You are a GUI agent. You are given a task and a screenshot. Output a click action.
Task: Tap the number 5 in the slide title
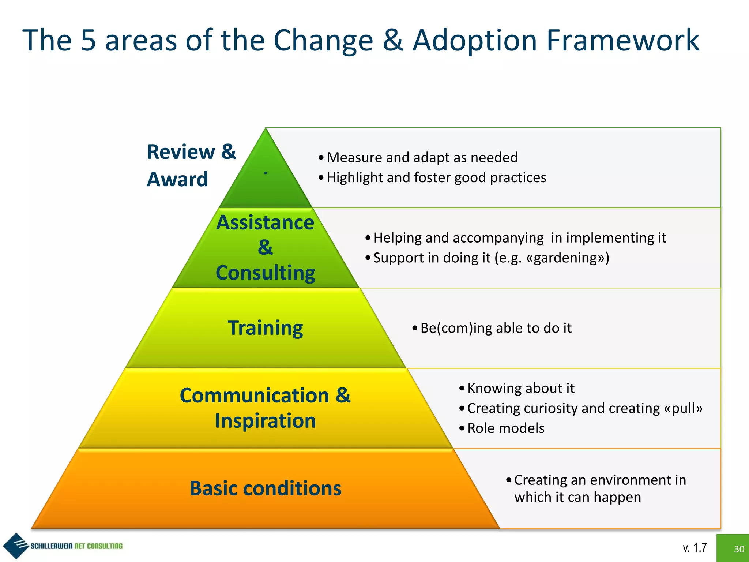[88, 40]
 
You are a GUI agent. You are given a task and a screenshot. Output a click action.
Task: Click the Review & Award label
[191, 165]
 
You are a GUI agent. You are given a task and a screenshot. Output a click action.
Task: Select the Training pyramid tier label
[265, 328]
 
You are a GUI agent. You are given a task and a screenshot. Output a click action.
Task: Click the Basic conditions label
[265, 488]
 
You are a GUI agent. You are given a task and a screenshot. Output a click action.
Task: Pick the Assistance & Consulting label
[265, 248]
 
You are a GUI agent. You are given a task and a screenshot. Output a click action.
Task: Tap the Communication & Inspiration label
[265, 408]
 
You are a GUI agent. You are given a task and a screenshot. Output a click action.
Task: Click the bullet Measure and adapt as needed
[422, 157]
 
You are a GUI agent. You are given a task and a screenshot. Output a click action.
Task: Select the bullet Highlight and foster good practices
[436, 177]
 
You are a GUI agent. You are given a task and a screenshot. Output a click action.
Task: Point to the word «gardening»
[568, 258]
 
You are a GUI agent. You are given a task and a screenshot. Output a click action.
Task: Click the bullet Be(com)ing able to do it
[496, 328]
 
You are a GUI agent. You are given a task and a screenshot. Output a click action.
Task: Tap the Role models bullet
[505, 428]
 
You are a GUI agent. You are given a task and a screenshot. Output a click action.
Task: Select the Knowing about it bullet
[520, 388]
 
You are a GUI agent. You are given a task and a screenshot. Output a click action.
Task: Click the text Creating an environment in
[600, 480]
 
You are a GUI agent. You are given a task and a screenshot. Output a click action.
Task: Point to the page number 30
[739, 549]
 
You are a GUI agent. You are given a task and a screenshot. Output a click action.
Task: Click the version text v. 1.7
[695, 548]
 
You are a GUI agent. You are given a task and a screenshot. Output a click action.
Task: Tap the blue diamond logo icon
[15, 546]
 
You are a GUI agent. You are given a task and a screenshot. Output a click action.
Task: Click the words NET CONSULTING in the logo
[98, 546]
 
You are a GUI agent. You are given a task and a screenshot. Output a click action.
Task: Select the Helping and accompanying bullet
[519, 238]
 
